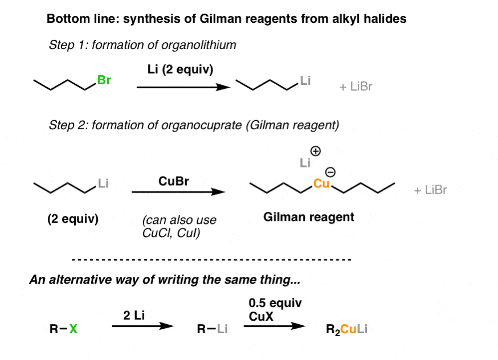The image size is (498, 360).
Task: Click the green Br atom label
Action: pyautogui.click(x=104, y=80)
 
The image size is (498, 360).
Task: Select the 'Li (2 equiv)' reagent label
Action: pyautogui.click(x=180, y=69)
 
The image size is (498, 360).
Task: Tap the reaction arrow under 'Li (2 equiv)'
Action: pyautogui.click(x=183, y=87)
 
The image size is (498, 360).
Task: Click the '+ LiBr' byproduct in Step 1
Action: pyautogui.click(x=356, y=87)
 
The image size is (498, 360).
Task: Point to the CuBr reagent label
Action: pyautogui.click(x=173, y=181)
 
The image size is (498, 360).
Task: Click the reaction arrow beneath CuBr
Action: pyautogui.click(x=178, y=192)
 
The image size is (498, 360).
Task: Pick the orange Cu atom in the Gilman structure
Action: pyautogui.click(x=321, y=183)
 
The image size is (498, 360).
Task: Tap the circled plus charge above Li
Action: pyautogui.click(x=315, y=151)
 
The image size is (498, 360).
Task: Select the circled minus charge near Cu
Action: pyautogui.click(x=330, y=173)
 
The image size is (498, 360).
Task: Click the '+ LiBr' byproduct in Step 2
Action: pyautogui.click(x=430, y=190)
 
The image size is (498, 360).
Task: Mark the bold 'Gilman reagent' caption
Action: pyautogui.click(x=309, y=217)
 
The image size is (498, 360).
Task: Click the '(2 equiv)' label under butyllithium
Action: pyautogui.click(x=73, y=219)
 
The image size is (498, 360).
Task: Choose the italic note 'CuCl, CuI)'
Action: pyautogui.click(x=171, y=233)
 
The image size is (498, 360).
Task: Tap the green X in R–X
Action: pyautogui.click(x=73, y=329)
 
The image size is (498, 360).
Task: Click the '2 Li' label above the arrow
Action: pyautogui.click(x=134, y=315)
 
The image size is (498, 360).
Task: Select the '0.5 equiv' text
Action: pyautogui.click(x=275, y=303)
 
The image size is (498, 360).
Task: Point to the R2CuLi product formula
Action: pyautogui.click(x=346, y=329)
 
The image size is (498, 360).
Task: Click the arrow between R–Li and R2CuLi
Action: pyautogui.click(x=275, y=326)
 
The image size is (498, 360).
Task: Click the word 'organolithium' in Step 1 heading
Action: pyautogui.click(x=199, y=45)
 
